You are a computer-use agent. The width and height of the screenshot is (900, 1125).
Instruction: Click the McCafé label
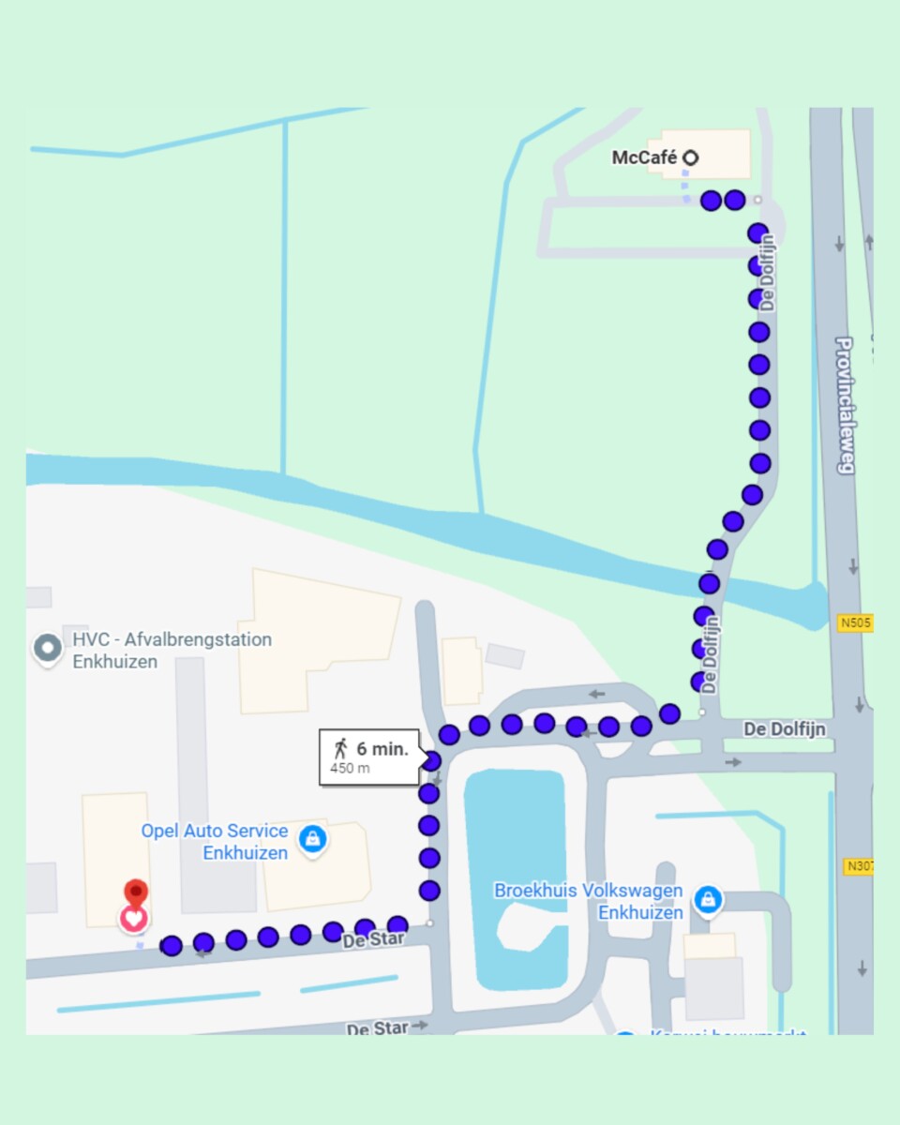coord(644,157)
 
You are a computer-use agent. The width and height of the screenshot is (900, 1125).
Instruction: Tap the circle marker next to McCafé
coord(690,157)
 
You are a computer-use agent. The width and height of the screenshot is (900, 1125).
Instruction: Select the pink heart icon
coord(134,919)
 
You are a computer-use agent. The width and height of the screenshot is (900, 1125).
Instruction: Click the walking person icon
coord(340,748)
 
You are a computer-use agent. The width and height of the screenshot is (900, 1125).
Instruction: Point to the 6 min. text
coord(382,749)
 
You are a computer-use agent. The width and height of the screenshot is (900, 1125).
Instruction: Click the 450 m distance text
coord(350,769)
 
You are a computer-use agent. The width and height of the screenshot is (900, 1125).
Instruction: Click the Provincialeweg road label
coord(844,405)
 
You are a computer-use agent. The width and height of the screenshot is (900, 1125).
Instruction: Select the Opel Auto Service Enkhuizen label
coord(215,842)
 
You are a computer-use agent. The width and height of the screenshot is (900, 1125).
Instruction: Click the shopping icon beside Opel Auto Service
coord(312,838)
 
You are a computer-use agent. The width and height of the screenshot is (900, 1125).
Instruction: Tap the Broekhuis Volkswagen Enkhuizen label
coord(589,901)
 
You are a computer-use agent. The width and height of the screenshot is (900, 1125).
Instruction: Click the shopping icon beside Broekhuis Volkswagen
coord(709,901)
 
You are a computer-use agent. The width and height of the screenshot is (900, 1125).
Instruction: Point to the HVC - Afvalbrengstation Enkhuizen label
coord(172,651)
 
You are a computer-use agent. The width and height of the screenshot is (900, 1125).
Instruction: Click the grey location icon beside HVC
coord(47,648)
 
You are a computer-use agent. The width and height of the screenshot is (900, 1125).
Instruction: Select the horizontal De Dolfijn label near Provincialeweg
coord(785,728)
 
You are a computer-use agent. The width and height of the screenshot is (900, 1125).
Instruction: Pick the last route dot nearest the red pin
coord(172,946)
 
